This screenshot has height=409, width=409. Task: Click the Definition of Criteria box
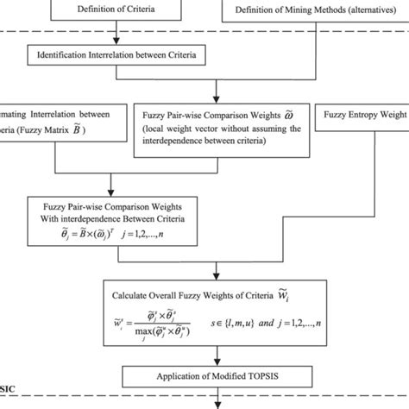116,11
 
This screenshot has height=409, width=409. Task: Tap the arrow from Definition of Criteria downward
116,35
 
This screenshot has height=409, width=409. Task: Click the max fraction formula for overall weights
152,327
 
